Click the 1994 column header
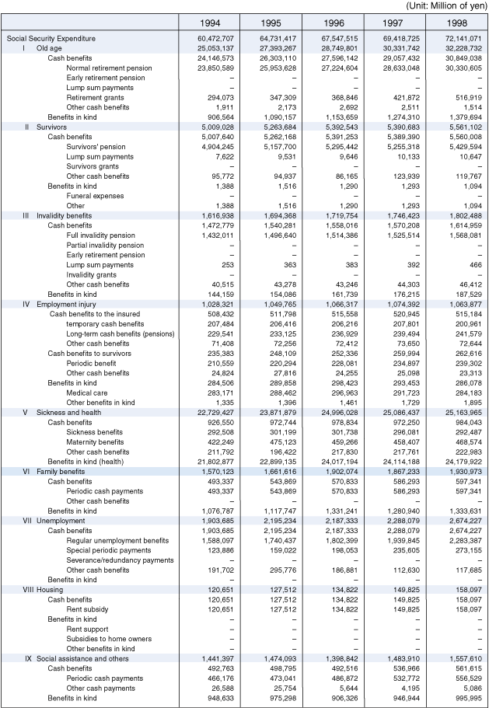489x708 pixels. (209, 22)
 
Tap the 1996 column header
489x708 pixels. (332, 22)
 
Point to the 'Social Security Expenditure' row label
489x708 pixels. (53, 38)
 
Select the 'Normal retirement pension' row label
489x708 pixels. (109, 68)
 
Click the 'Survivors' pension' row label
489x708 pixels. (96, 145)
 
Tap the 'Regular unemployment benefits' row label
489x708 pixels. (117, 540)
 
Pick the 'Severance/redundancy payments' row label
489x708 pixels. (120, 560)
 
